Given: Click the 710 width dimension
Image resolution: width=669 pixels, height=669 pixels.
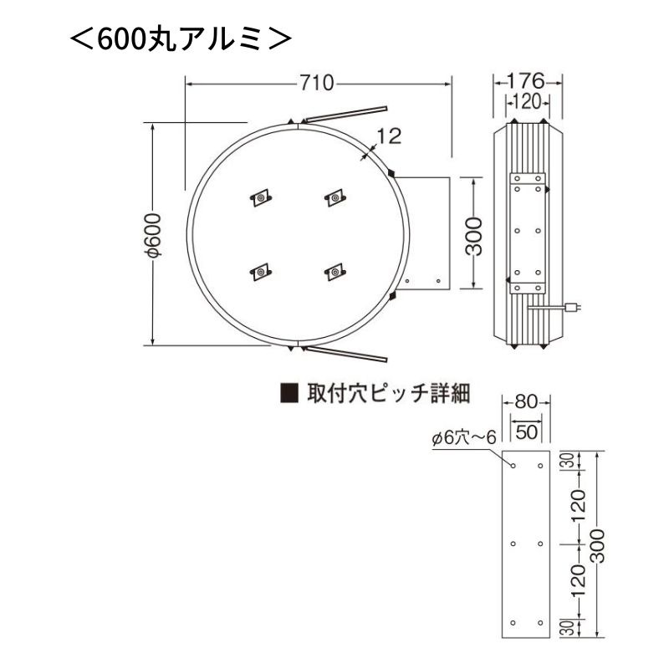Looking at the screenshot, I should (317, 83).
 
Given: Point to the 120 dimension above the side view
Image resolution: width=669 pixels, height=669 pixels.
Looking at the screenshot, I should (528, 101).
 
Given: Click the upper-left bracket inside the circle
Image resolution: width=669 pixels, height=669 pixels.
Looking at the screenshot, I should (261, 198).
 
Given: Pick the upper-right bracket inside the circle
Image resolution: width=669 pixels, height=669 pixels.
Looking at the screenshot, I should (334, 198).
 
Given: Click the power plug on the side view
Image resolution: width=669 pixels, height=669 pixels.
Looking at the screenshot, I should (574, 308).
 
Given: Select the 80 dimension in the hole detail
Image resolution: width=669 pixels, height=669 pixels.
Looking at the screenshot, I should (527, 402).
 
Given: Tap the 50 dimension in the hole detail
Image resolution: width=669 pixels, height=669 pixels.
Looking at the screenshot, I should (527, 432).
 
